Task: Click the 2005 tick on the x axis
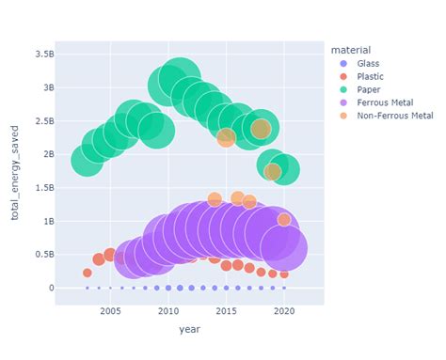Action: point(110,311)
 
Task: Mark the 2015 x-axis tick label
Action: point(226,311)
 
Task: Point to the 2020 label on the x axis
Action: point(284,311)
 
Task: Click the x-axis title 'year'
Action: point(189,330)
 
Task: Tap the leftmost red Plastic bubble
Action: point(88,273)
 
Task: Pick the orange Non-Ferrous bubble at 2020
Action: point(284,219)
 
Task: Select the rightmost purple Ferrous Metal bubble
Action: point(283,248)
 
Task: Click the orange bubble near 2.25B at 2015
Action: point(226,137)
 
